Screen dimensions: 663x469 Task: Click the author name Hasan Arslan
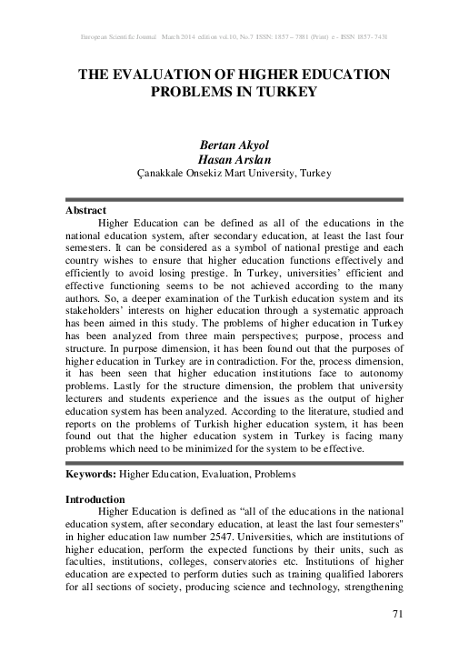click(234, 157)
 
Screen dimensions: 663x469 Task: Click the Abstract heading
click(86, 210)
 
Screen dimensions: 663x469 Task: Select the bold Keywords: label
click(92, 475)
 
